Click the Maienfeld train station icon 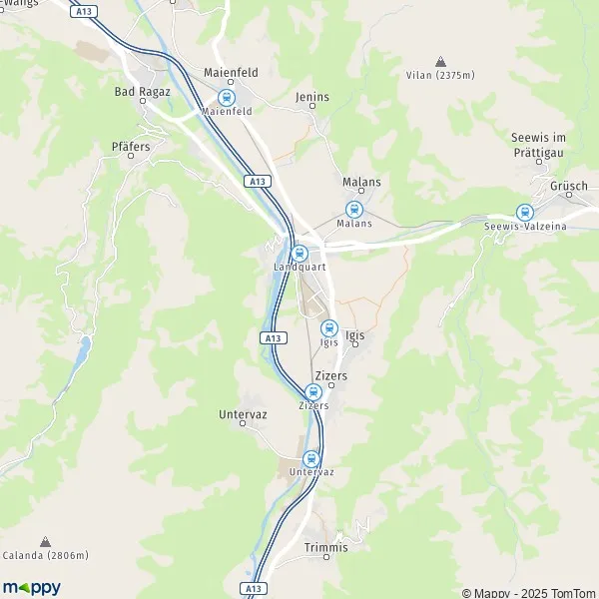tap(227, 98)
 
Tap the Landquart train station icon tap(299, 253)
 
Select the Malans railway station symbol tap(352, 210)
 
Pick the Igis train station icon tap(328, 328)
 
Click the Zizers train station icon tap(313, 392)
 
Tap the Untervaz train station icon tap(311, 458)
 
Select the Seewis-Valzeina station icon tap(524, 213)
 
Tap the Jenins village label tap(312, 97)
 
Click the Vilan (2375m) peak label tap(440, 75)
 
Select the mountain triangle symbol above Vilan tap(440, 61)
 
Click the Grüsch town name tap(568, 186)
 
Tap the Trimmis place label tap(326, 547)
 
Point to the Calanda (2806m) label tap(46, 555)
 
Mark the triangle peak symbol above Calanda tap(46, 541)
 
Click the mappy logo tap(32, 587)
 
